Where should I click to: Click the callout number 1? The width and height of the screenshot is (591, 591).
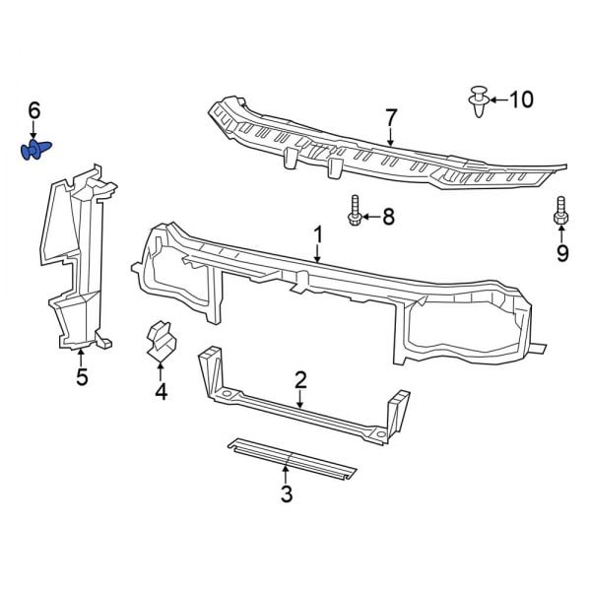coord(318,233)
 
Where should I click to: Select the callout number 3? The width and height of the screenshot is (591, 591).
coord(287,494)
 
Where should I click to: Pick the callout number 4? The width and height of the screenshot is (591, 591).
coord(161,393)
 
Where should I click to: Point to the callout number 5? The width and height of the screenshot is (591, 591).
coord(82,376)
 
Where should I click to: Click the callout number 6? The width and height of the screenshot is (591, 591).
coord(33,111)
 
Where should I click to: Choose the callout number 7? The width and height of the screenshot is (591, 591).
coord(391,118)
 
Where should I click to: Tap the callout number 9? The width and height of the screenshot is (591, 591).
coord(562,254)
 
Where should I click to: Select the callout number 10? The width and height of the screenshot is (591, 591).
coord(521,98)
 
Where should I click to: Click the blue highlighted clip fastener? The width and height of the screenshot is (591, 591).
coord(36,151)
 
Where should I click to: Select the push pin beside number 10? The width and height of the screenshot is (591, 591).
coord(477,102)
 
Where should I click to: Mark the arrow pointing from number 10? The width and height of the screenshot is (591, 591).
coord(498,99)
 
